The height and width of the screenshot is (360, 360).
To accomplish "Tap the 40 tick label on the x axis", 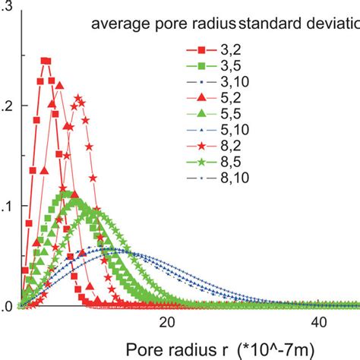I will click(317, 322).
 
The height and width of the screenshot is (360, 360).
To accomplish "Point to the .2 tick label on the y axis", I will click(5, 108).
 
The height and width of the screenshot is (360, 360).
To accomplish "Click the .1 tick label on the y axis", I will click(5, 207).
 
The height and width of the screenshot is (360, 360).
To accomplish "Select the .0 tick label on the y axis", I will click(5, 306).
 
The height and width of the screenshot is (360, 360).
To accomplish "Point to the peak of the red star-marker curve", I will click(77, 97).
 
